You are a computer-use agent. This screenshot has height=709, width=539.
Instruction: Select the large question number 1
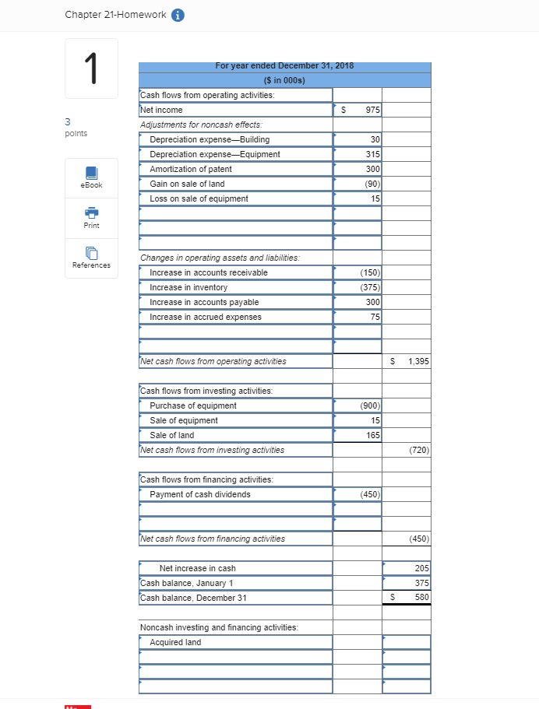pyautogui.click(x=92, y=68)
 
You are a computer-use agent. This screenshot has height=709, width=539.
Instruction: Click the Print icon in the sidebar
pyautogui.click(x=91, y=212)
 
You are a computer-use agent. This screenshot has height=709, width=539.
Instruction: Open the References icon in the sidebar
pyautogui.click(x=91, y=253)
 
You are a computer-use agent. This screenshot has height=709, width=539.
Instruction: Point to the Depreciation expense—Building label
pyautogui.click(x=210, y=140)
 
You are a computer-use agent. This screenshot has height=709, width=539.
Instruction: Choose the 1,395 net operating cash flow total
pyautogui.click(x=417, y=362)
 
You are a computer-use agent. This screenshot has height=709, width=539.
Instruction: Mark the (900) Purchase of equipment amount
pyautogui.click(x=369, y=406)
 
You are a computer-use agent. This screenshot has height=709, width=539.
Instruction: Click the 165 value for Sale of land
pyautogui.click(x=372, y=436)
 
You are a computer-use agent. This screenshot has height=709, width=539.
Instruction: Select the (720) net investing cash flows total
pyautogui.click(x=418, y=451)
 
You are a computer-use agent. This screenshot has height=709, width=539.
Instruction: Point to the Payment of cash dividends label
pyautogui.click(x=200, y=495)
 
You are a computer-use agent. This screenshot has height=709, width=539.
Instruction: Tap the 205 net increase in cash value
pyautogui.click(x=421, y=569)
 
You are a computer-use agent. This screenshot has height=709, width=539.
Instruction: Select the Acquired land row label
pyautogui.click(x=175, y=643)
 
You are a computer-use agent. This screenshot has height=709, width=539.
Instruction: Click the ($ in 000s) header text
pyautogui.click(x=284, y=80)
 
